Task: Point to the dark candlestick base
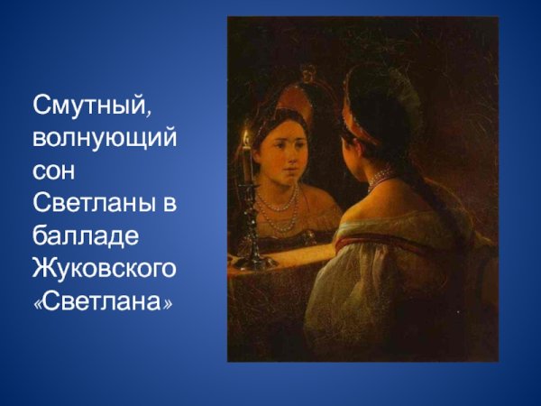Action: (252, 261)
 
